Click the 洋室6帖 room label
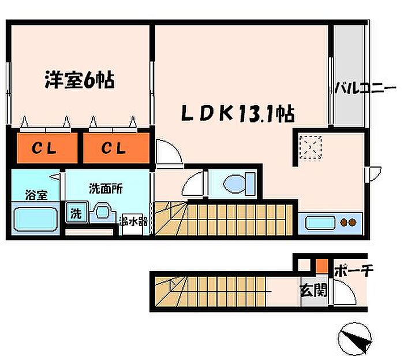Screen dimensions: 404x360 80,80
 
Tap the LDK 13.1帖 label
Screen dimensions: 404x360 238,113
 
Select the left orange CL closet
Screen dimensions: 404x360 47,148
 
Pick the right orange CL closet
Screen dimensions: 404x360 116,148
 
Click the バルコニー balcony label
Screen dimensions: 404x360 365,88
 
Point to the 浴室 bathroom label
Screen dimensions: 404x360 36,195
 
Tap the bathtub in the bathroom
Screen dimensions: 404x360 35,219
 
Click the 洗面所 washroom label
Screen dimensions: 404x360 106,189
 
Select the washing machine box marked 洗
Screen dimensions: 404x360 77,213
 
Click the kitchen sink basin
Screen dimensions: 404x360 320,223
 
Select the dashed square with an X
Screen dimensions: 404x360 311,147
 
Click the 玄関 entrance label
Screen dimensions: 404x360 313,290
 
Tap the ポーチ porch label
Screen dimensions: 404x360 354,271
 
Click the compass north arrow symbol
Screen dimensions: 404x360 355,338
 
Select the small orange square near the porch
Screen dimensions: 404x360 322,265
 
